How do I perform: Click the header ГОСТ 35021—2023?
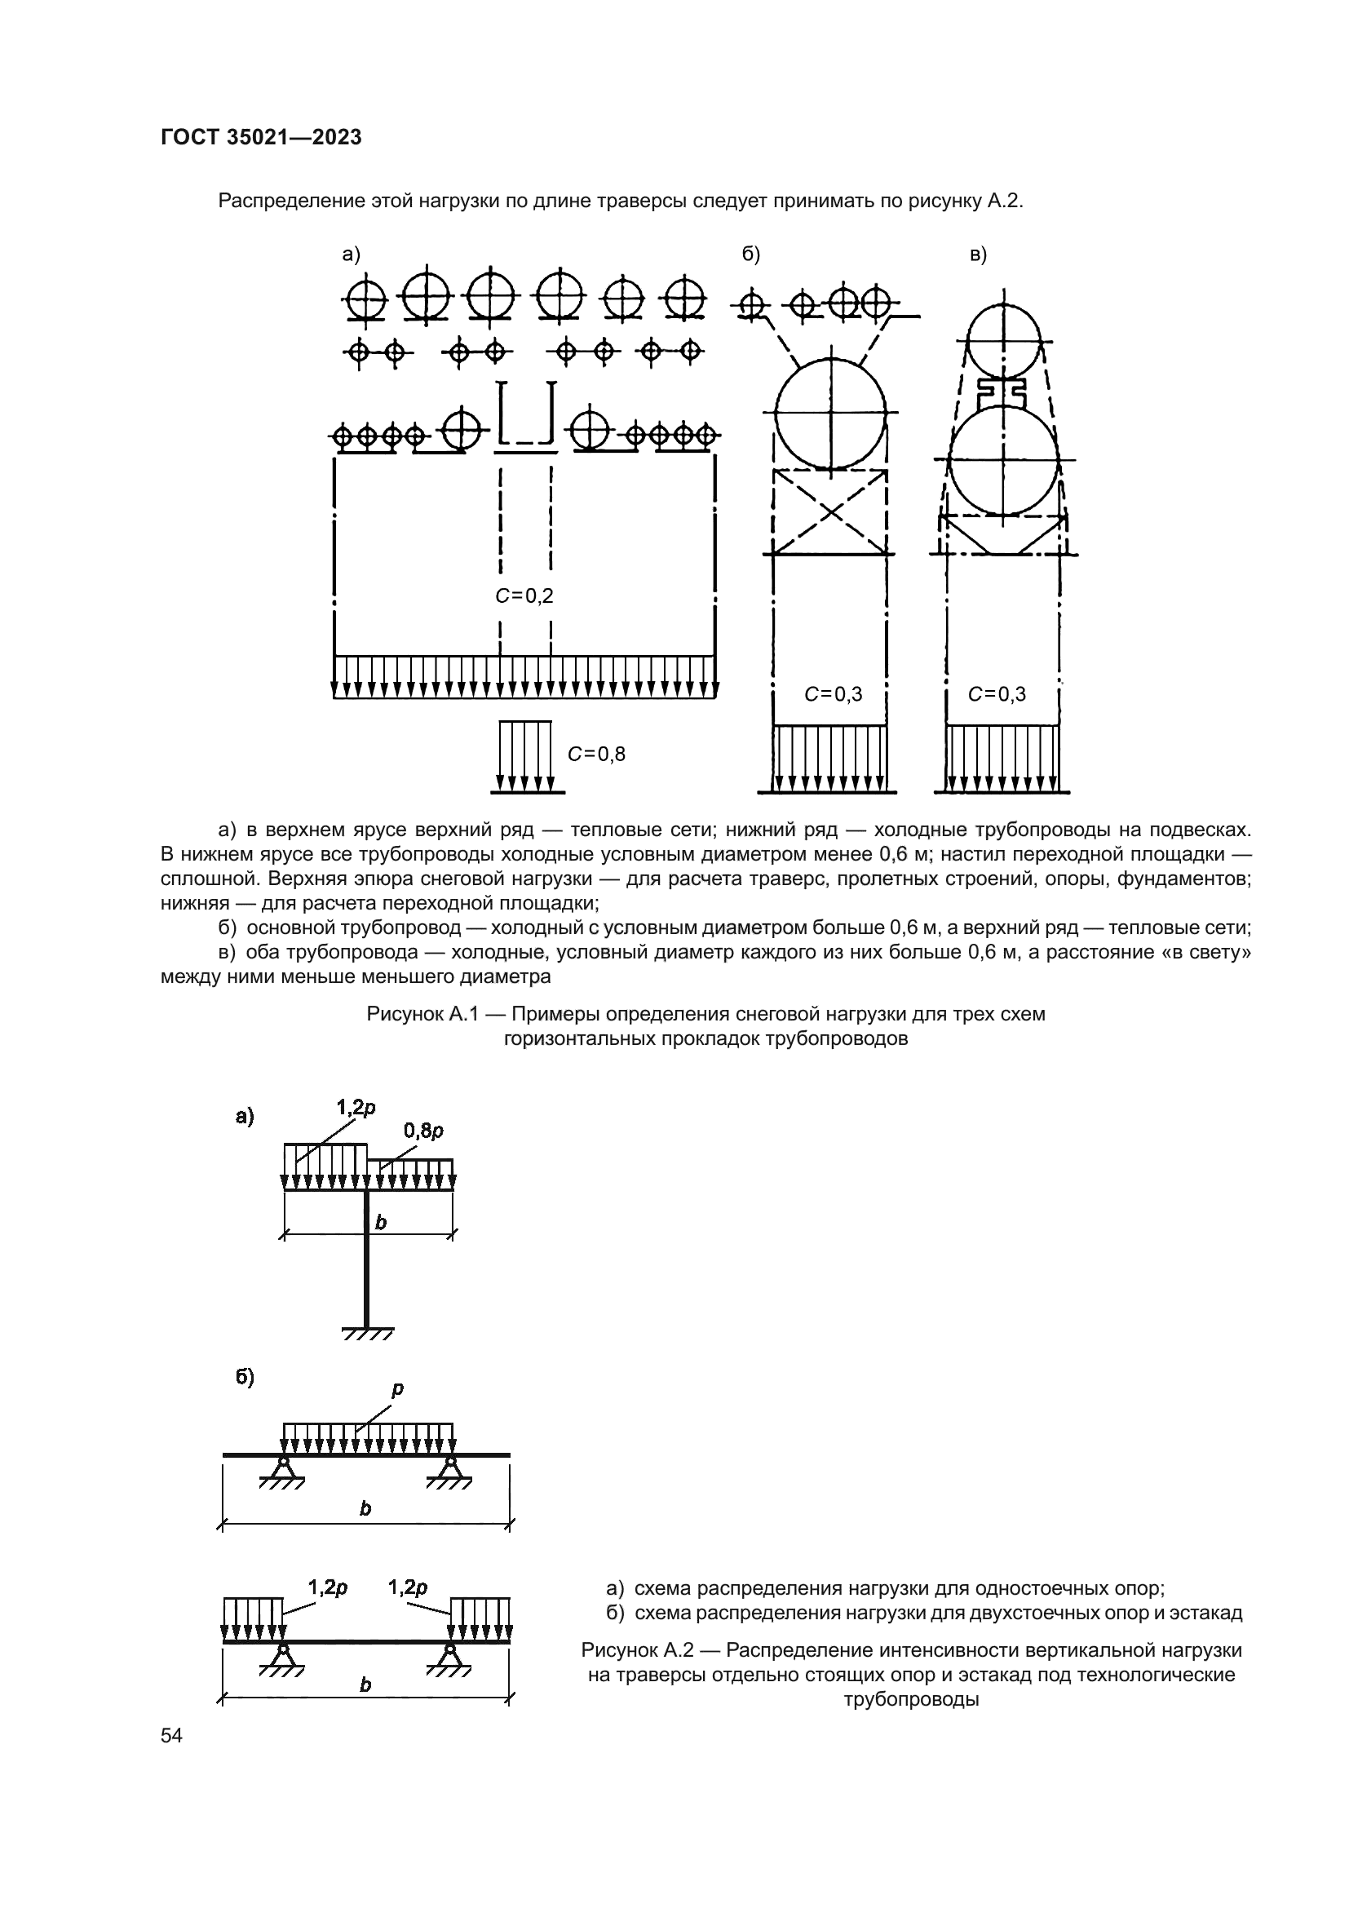(x=261, y=138)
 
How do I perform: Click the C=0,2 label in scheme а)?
(x=524, y=595)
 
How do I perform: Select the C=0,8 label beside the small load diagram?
(x=596, y=754)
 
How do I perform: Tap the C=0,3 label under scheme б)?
(x=834, y=694)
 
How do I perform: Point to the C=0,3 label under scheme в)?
(x=997, y=694)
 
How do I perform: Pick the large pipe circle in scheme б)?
(x=829, y=413)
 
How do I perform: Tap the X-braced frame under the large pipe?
(x=830, y=512)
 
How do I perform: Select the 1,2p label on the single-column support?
(x=356, y=1107)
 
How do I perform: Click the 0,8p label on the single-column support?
(x=422, y=1130)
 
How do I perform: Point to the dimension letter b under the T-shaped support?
(x=380, y=1222)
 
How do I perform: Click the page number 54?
(x=171, y=1735)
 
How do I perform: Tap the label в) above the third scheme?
(x=978, y=255)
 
